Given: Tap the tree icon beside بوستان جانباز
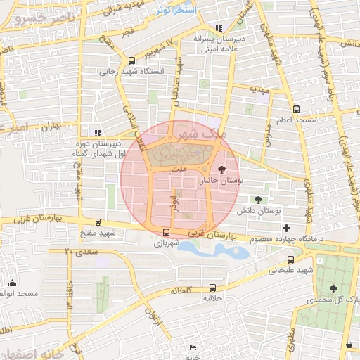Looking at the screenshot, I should coord(222,169).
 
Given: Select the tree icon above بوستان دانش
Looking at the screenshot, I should coord(259,200).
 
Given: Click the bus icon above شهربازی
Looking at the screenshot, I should coord(166,233).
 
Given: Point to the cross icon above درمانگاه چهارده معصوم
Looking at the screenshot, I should coord(286,229).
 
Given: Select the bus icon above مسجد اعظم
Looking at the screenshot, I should coord(296,110).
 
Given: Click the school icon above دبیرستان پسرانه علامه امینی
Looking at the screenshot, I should coord(219,29).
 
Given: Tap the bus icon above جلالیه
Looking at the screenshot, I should coord(213,288).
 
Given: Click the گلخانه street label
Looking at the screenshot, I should coord(180,290).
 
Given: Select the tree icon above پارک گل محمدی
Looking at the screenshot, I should coord(333,289).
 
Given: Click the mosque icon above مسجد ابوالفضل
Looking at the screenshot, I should coord(12,283).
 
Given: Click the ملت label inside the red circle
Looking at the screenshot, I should coord(180,169).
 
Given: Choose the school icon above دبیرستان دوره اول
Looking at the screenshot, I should coord(98,132).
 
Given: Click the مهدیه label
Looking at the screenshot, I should coord(259,90).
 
